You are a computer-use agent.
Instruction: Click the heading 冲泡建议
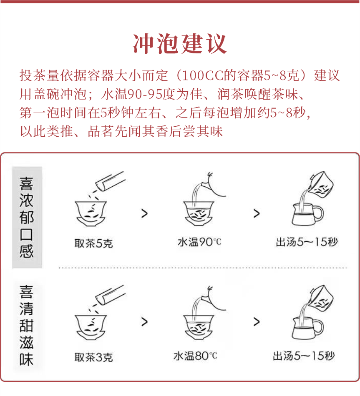[180, 43]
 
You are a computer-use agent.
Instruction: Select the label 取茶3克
[93, 357]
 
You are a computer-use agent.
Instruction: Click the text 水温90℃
[199, 242]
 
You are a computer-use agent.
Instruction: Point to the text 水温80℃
[195, 356]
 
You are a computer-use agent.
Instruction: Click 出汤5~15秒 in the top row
[307, 242]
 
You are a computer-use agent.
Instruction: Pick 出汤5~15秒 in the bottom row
[304, 356]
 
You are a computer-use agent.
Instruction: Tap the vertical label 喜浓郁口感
[27, 218]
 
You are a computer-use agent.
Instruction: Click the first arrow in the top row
[144, 214]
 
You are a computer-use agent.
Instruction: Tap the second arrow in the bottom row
[256, 322]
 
